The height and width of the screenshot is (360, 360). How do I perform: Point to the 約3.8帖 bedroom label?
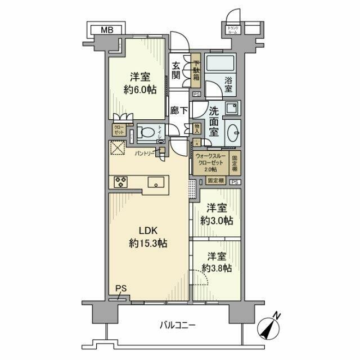[x=217, y=262]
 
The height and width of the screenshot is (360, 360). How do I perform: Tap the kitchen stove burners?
[x=121, y=181]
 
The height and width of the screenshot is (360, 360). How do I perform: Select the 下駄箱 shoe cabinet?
[x=196, y=70]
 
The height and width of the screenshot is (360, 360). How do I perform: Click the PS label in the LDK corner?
[x=119, y=289]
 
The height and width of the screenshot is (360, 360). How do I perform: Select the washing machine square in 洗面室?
[x=232, y=108]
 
